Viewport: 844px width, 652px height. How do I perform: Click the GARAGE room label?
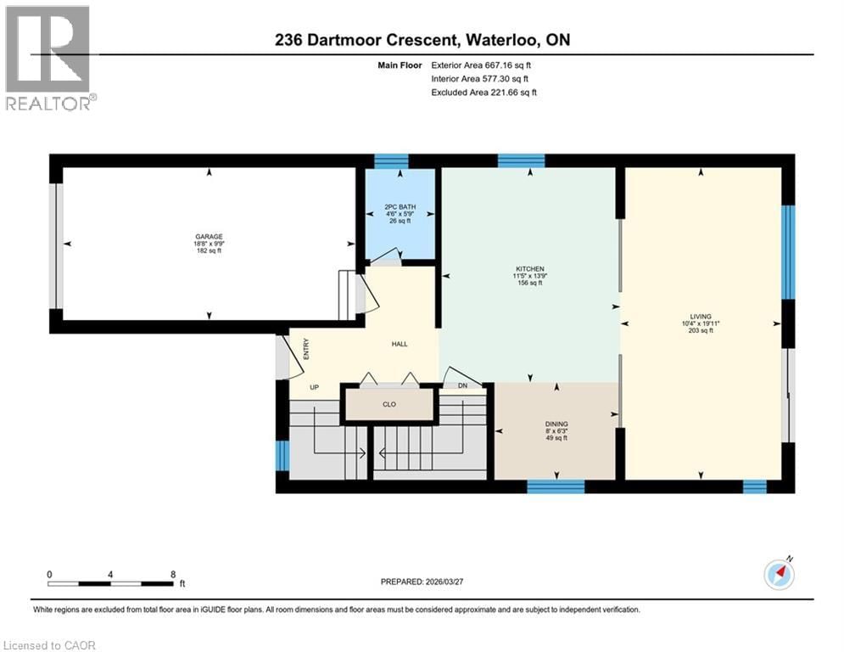click(208, 237)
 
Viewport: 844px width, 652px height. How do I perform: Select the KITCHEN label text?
click(529, 269)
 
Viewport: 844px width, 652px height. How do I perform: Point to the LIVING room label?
click(700, 316)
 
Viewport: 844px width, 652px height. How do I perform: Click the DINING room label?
click(556, 424)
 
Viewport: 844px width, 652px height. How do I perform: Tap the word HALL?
click(400, 344)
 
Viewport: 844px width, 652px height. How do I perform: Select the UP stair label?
click(313, 387)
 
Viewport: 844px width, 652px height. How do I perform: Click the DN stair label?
click(462, 386)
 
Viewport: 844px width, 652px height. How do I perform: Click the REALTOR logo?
click(49, 58)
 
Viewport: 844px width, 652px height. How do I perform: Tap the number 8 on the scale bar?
click(173, 573)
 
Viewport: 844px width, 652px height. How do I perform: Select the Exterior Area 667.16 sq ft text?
click(483, 65)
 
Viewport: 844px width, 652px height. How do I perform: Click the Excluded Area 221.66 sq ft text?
click(483, 92)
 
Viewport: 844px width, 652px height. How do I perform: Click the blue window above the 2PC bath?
click(391, 160)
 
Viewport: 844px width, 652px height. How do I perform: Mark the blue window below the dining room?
click(556, 486)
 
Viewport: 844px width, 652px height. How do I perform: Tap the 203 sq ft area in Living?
click(700, 331)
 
